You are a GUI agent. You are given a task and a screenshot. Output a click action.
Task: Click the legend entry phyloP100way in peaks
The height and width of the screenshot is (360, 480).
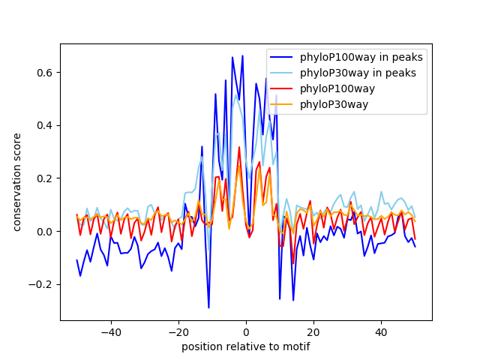tap(361, 57)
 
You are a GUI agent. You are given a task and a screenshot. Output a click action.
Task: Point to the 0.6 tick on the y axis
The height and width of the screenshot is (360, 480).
tap(46, 73)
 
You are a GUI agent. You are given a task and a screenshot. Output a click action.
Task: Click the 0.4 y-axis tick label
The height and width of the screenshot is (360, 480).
tap(46, 126)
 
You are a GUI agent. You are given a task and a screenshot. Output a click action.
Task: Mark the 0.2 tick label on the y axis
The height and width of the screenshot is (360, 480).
tap(46, 178)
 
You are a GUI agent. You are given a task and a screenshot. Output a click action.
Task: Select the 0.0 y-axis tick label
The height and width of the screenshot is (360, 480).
tap(46, 231)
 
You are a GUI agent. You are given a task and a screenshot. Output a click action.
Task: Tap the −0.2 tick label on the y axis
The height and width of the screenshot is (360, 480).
tap(43, 284)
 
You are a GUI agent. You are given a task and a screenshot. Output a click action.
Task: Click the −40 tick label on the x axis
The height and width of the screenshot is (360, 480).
tap(110, 331)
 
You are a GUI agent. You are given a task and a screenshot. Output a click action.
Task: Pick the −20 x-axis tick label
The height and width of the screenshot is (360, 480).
tap(178, 331)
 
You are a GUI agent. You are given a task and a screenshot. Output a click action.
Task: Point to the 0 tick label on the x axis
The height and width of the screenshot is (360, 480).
tap(246, 331)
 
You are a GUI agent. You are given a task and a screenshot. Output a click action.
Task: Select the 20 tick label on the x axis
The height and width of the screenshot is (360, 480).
tap(313, 331)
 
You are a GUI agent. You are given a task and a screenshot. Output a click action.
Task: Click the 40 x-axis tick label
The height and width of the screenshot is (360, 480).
tap(381, 331)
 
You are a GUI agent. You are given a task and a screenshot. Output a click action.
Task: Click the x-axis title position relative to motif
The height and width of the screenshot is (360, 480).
tap(245, 346)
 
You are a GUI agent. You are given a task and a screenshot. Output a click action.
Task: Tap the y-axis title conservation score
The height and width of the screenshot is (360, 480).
tap(16, 182)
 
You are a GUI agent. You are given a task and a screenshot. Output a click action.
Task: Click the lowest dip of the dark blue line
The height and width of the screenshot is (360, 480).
tap(208, 307)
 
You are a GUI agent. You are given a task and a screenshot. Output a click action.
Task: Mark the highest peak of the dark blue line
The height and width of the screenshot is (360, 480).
tap(242, 55)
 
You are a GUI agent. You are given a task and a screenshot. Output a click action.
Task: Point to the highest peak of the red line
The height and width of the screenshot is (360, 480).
tap(239, 147)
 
